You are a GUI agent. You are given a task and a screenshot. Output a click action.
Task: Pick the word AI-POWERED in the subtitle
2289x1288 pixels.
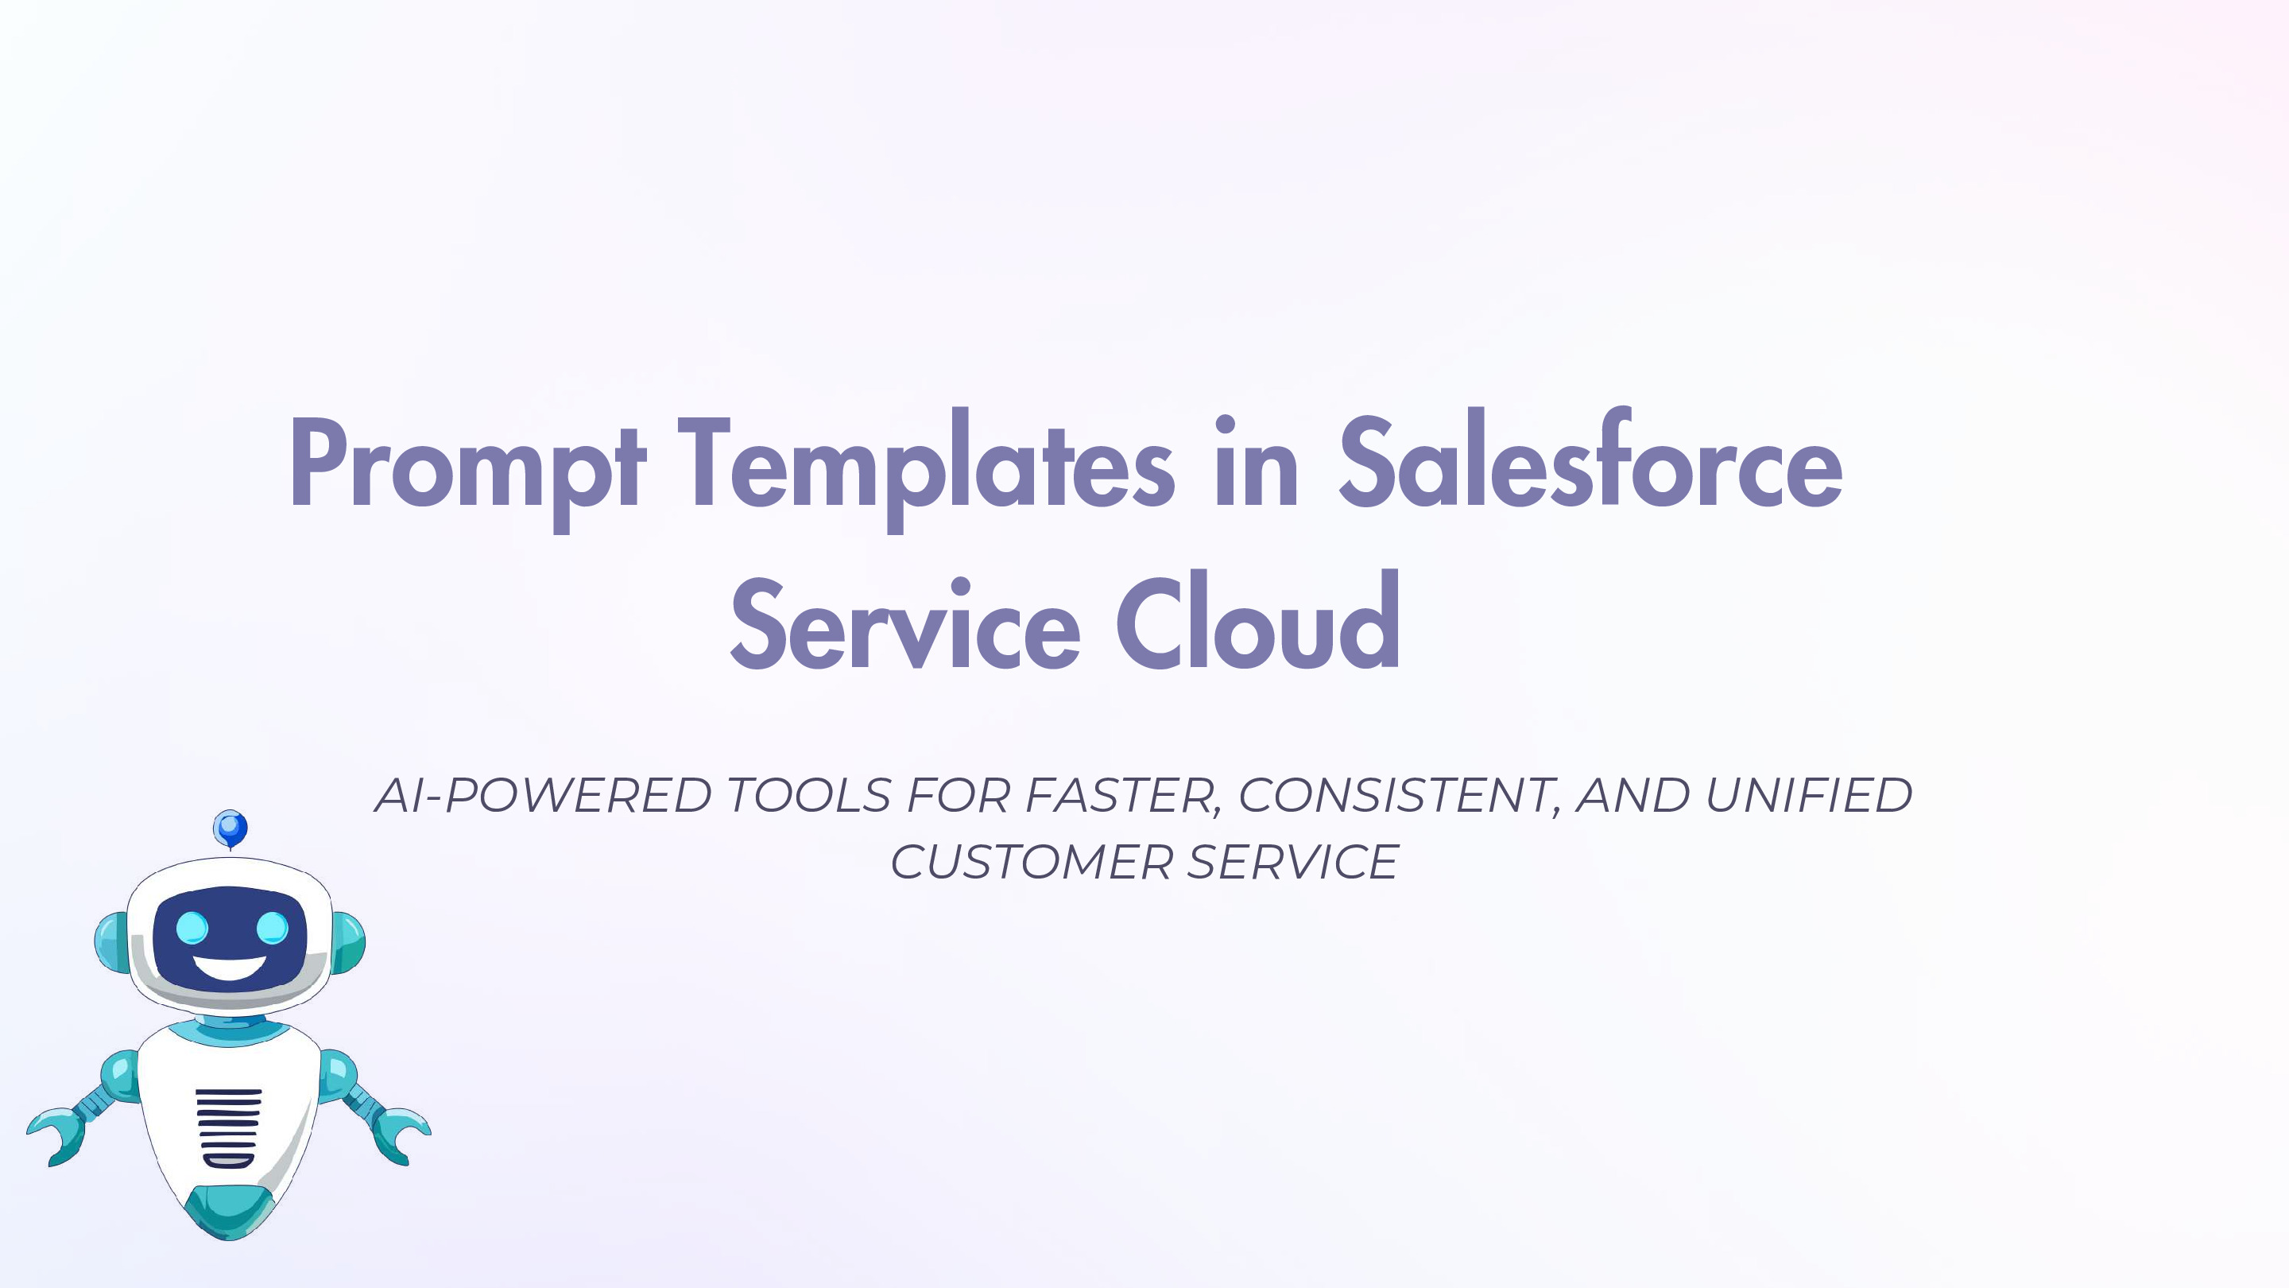tap(543, 795)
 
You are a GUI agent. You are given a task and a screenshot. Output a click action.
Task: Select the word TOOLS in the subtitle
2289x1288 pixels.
tap(808, 795)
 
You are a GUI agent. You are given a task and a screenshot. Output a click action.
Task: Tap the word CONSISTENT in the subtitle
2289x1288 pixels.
tap(1400, 795)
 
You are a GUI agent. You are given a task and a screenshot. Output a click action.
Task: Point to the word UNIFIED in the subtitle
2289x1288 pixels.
tap(1808, 795)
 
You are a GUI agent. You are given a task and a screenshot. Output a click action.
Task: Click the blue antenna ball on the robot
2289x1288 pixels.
tap(230, 828)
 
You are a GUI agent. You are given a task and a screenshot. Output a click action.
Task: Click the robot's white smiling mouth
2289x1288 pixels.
tap(229, 967)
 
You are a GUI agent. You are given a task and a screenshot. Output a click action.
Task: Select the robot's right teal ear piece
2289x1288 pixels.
tap(348, 942)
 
